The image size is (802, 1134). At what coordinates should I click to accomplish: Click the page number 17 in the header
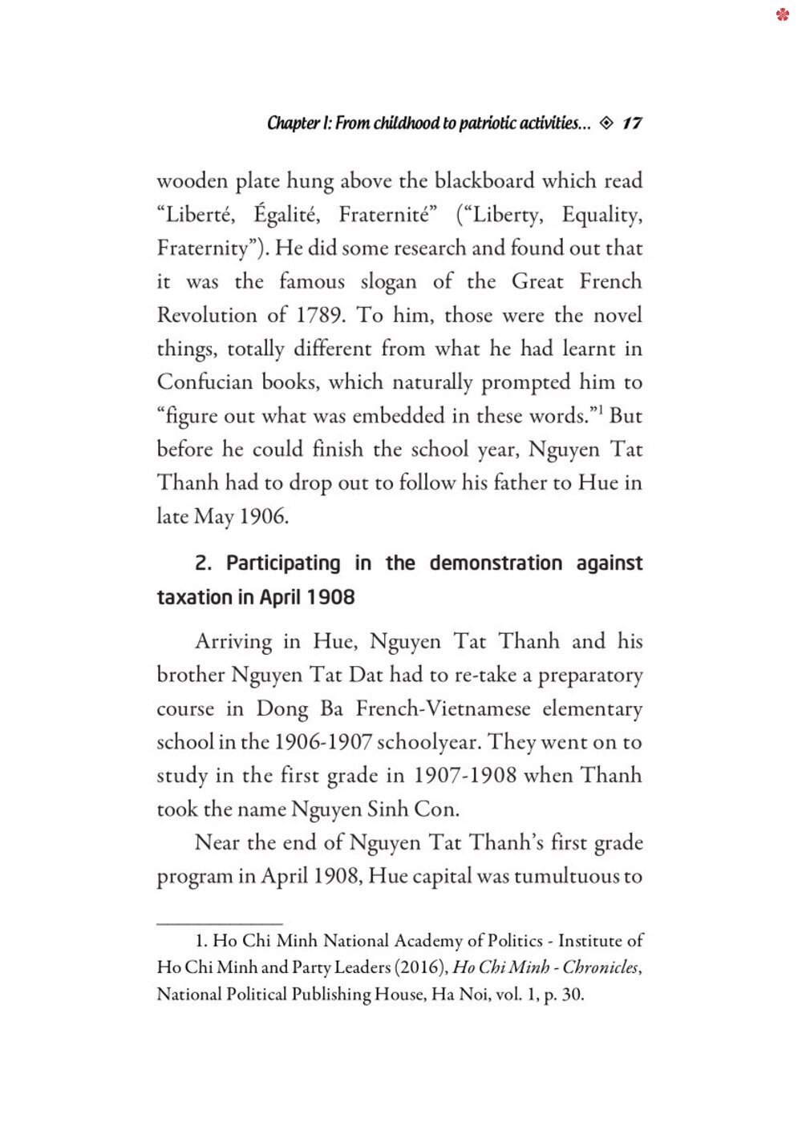coord(632,123)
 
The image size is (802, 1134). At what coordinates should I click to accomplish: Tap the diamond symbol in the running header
coord(606,123)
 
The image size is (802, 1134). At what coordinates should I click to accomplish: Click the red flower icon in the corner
coord(783,14)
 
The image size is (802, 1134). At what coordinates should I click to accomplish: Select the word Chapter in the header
coord(293,123)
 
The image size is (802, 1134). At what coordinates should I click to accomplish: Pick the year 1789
coord(321,315)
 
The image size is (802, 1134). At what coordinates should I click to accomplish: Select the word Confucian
coord(205,382)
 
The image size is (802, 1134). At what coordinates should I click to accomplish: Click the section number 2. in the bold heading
coord(203,563)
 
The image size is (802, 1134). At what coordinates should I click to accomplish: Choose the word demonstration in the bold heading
coord(496,563)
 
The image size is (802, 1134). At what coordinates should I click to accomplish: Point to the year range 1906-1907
coord(323,742)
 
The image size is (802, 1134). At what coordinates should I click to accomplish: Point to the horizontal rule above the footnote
coord(220,924)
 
